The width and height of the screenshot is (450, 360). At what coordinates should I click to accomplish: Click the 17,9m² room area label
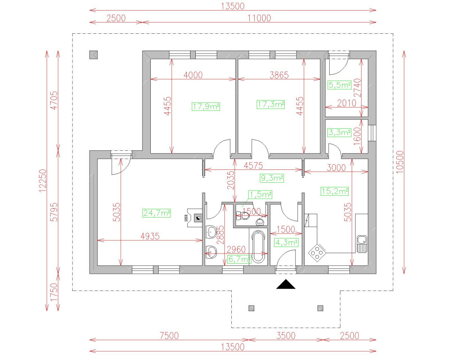(206, 106)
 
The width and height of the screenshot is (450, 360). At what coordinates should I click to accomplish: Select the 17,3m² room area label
(271, 104)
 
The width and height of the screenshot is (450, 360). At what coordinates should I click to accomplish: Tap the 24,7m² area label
(157, 213)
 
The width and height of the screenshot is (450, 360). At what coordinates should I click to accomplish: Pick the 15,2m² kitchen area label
(334, 191)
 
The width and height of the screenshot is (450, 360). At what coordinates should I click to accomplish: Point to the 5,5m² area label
(340, 85)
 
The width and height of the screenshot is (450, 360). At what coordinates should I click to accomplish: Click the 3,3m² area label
(339, 132)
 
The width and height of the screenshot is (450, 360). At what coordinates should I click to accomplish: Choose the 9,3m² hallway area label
(272, 178)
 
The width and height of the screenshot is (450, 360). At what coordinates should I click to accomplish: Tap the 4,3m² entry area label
(286, 243)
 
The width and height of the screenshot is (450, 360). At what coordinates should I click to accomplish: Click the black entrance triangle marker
(286, 285)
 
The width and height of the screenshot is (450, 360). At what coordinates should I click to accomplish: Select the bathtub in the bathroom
(258, 247)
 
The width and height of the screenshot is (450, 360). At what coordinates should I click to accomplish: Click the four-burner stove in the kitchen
(317, 253)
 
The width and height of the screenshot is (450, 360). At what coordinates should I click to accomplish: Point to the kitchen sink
(362, 244)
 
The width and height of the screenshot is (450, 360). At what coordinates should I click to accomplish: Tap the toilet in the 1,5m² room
(243, 216)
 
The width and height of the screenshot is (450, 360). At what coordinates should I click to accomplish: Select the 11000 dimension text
(259, 18)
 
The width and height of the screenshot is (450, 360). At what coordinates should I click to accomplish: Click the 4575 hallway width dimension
(253, 166)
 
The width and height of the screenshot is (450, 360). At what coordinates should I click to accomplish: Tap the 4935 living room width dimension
(150, 236)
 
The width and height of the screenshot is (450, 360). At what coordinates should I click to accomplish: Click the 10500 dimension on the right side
(400, 162)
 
